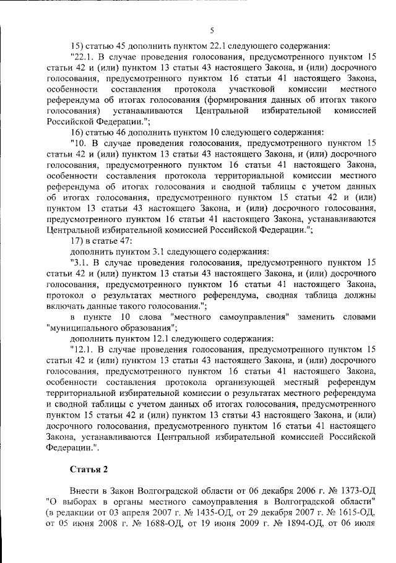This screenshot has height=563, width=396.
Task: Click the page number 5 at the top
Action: [x=212, y=30]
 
